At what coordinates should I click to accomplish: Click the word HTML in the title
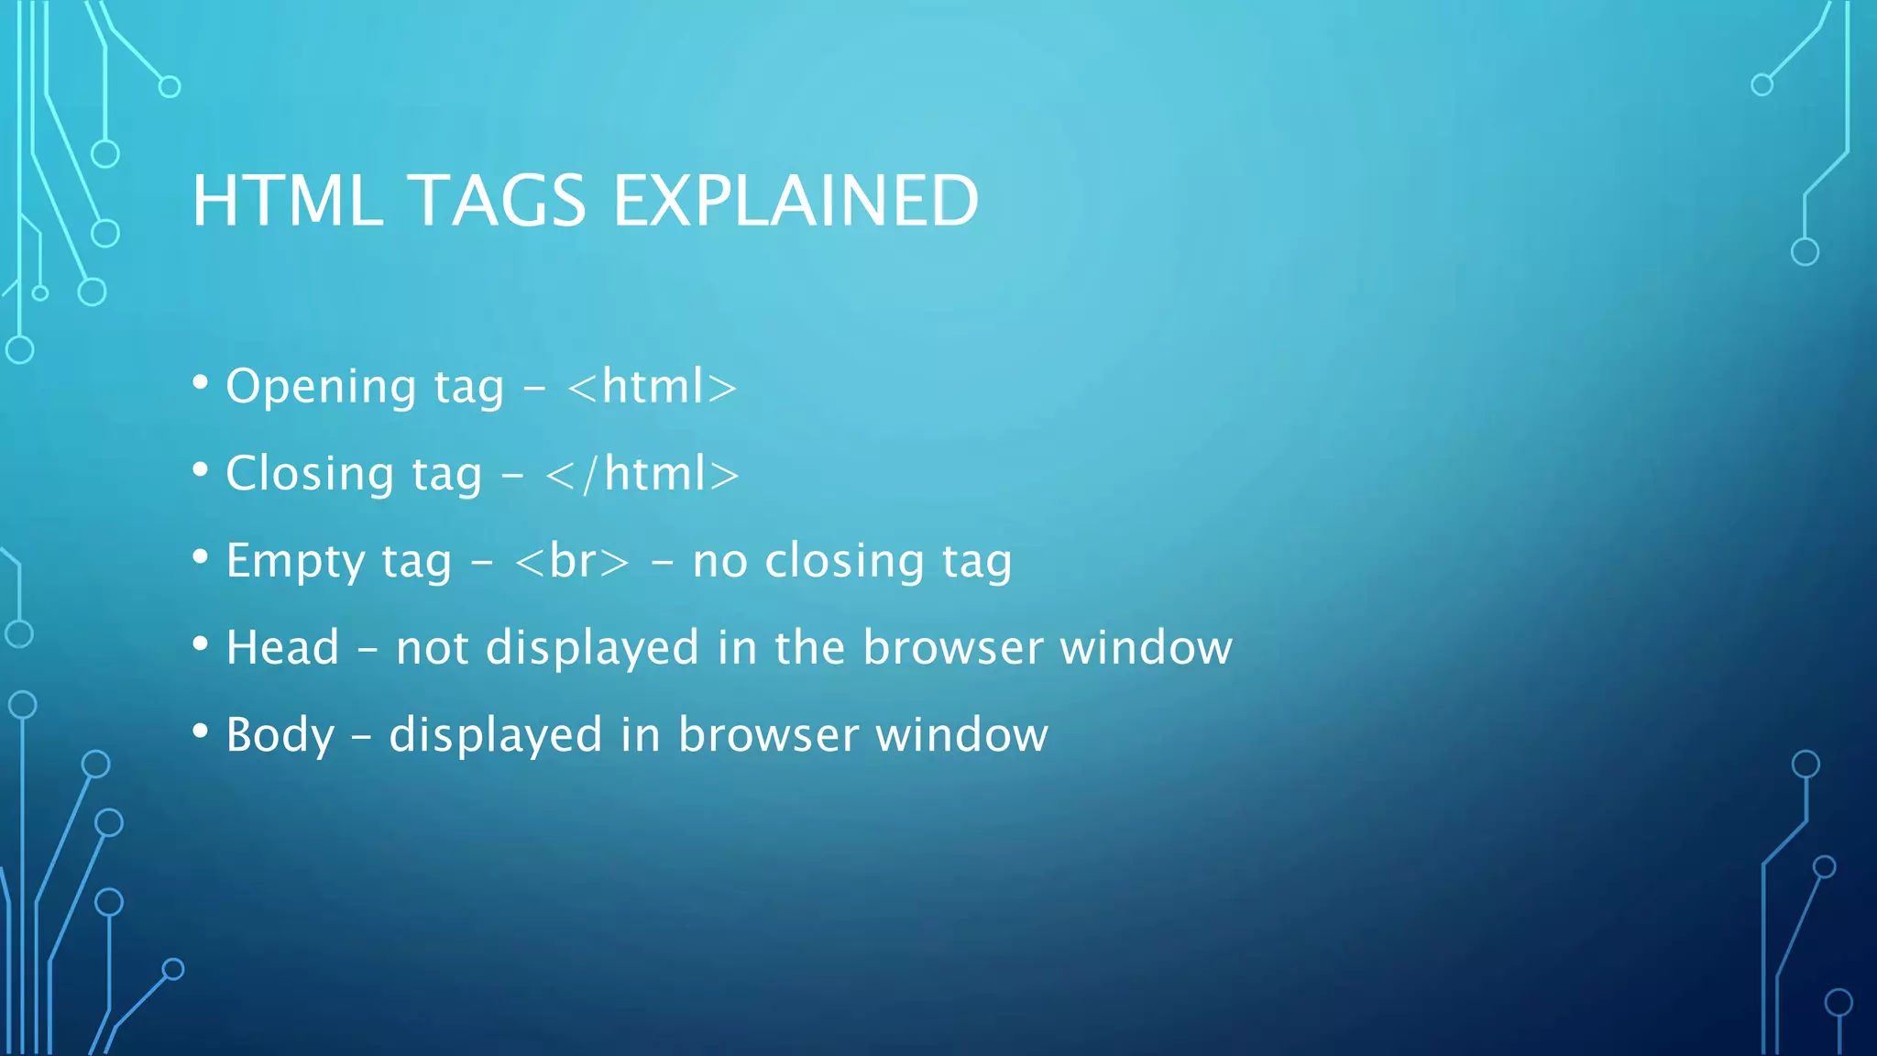[288, 200]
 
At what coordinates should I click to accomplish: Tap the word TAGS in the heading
[497, 200]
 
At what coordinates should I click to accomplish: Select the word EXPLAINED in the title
[796, 200]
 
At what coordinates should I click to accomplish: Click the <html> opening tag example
[652, 386]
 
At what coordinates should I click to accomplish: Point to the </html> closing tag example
[642, 474]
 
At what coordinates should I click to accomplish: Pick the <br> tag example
[573, 561]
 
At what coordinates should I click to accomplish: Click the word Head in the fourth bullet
[283, 647]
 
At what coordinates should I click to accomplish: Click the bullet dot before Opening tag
[201, 382]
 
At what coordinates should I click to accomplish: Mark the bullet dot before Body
[201, 731]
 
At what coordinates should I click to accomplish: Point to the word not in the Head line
[433, 649]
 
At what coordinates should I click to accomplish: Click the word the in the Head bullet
[809, 647]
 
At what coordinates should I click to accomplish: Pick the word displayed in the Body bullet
[496, 737]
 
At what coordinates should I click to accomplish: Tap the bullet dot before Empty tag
[201, 556]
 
